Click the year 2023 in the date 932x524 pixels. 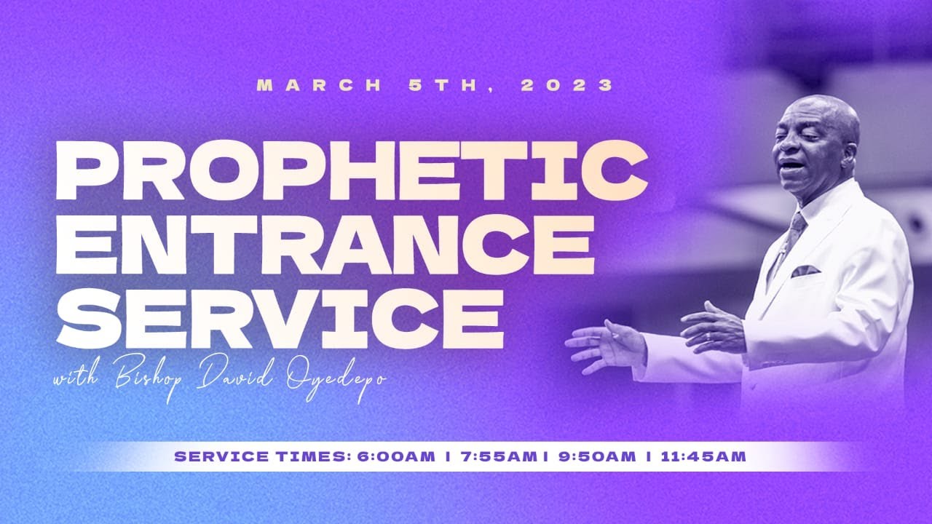coord(568,85)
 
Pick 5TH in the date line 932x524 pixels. coord(446,85)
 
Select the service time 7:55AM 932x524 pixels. coord(497,457)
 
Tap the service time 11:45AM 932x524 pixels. coord(703,457)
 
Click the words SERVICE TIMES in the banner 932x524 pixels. coord(261,457)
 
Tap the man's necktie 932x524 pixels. coord(790,240)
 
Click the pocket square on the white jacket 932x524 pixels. coord(805,271)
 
